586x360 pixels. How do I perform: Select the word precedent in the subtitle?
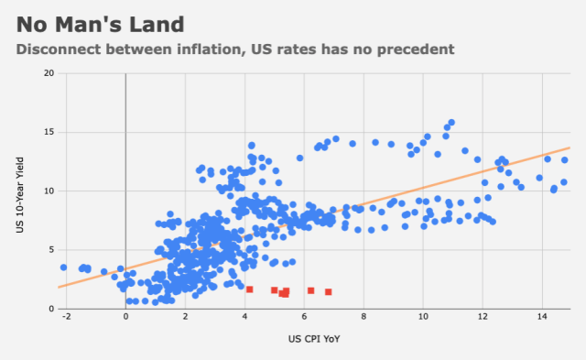416,49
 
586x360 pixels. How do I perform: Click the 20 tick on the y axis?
49,73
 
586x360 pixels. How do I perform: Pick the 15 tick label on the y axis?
49,132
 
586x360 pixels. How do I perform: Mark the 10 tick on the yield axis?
49,191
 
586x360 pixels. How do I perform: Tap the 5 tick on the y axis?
51,250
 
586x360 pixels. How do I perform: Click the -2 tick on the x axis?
66,317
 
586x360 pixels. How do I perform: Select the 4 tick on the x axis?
244,317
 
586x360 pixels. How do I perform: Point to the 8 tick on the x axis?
364,317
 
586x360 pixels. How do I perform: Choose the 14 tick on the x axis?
542,317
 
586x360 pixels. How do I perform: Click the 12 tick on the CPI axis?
483,317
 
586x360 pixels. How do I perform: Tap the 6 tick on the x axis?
304,317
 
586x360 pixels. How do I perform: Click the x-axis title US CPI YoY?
314,339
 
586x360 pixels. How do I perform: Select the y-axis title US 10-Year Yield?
20,195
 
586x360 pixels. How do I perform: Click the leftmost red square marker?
250,289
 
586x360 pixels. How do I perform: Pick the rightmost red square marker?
328,291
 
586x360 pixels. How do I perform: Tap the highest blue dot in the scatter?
451,122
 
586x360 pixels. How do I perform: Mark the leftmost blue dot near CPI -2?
63,267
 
